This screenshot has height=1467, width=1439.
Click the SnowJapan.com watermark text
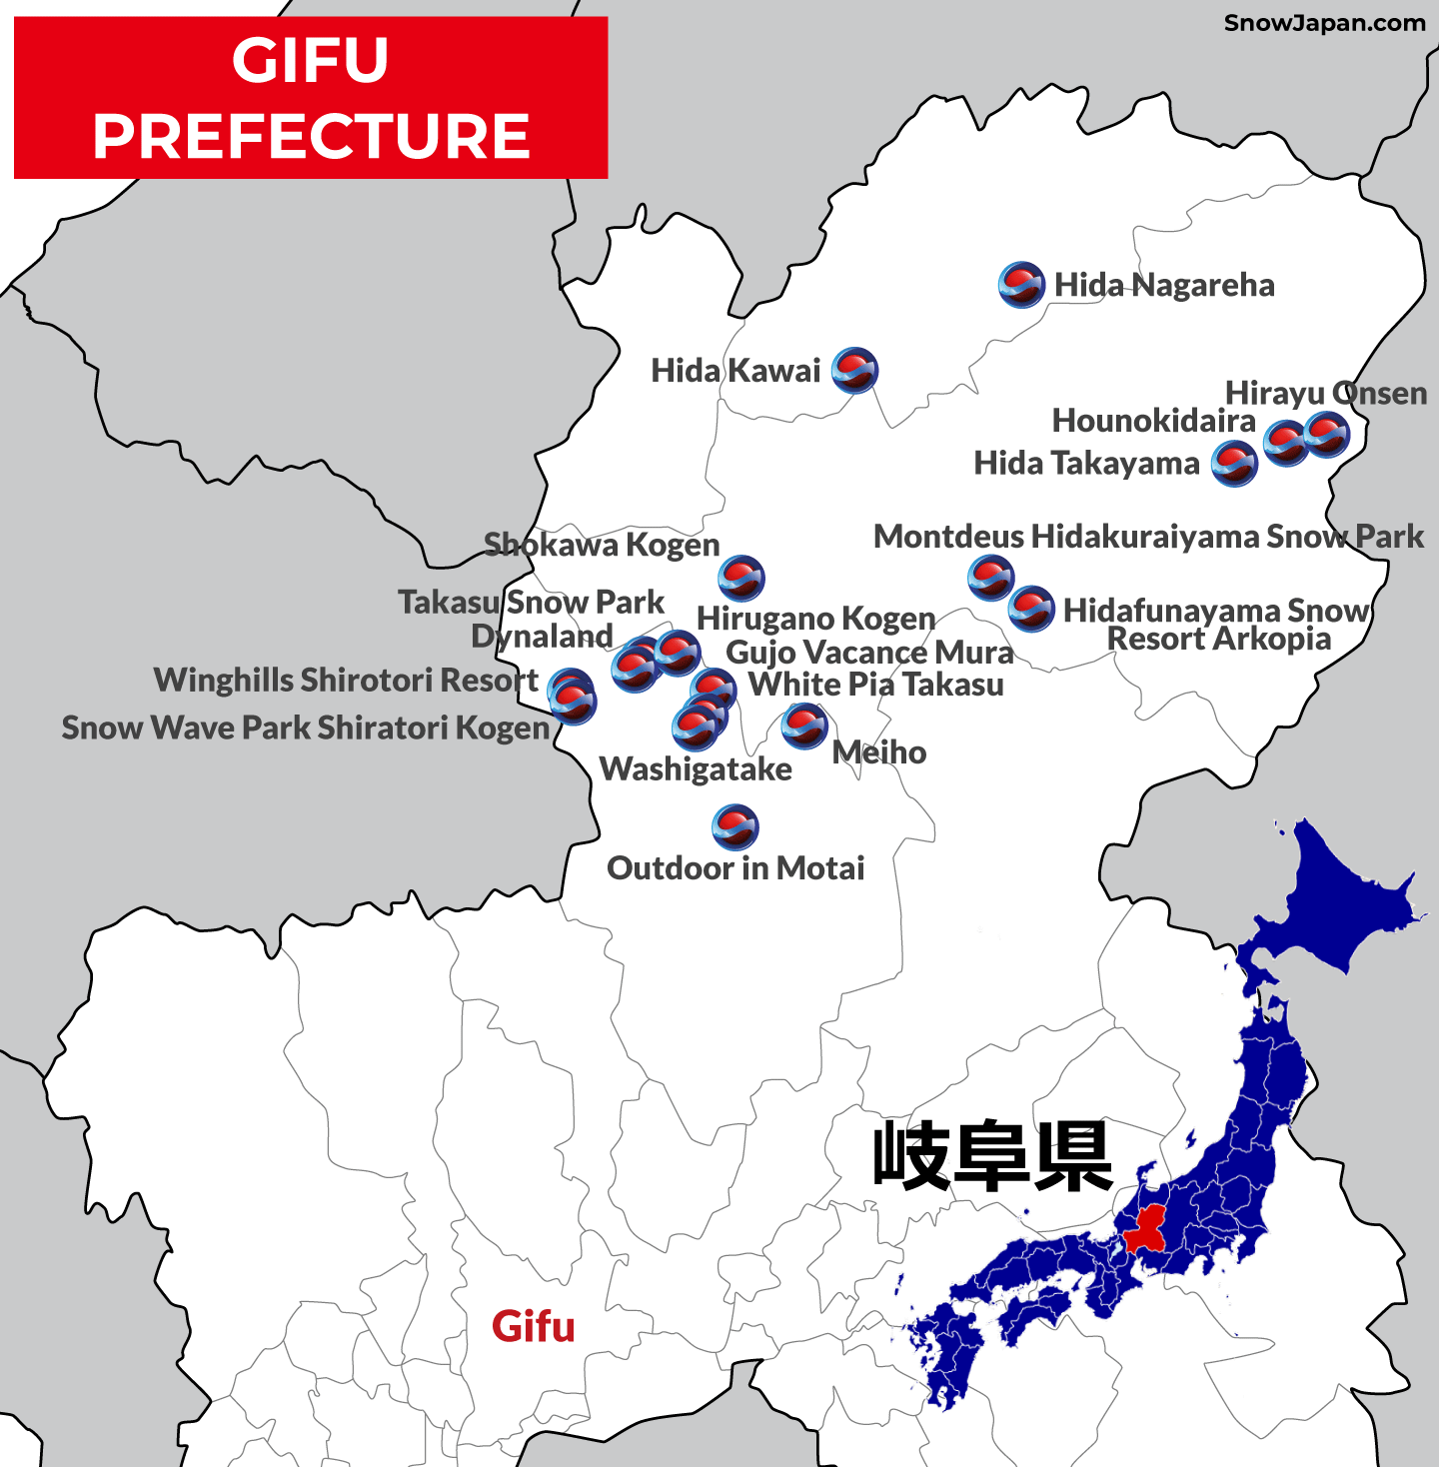(x=1324, y=23)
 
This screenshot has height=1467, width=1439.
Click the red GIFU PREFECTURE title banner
(x=311, y=98)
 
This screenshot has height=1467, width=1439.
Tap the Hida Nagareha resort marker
(x=1021, y=285)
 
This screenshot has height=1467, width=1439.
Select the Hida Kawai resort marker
(x=854, y=370)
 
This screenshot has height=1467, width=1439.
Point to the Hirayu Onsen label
(x=1325, y=393)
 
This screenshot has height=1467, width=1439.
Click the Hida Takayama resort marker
(x=1234, y=464)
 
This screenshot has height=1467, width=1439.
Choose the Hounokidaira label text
(x=1153, y=421)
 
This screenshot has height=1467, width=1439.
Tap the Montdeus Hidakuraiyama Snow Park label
(x=1148, y=537)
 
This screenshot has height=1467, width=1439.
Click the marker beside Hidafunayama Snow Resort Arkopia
(x=1031, y=609)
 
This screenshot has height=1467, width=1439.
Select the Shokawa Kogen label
(x=602, y=545)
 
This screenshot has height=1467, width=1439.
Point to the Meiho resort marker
(x=804, y=726)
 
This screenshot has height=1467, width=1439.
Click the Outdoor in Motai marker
(x=735, y=826)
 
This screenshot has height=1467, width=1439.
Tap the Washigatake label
(x=696, y=768)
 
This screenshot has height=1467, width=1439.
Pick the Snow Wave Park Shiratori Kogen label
(x=306, y=728)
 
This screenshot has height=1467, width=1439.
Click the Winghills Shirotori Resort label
(x=346, y=680)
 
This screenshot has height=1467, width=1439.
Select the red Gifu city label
(x=533, y=1327)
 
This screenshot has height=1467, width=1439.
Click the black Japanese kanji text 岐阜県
(x=992, y=1156)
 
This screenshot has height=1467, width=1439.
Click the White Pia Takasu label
(x=876, y=685)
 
